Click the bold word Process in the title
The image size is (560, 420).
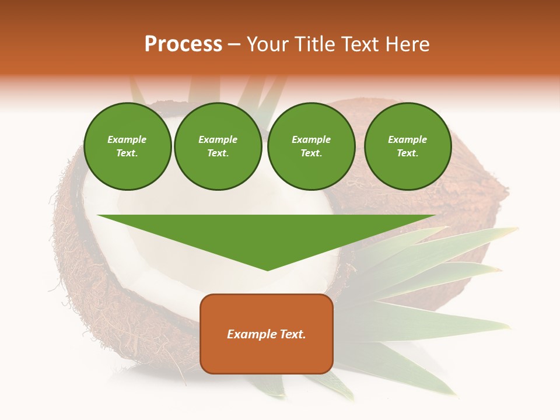(183, 44)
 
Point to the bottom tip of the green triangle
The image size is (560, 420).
(267, 269)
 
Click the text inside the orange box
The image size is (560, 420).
(267, 334)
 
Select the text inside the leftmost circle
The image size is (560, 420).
(127, 146)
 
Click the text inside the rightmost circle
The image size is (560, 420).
(407, 146)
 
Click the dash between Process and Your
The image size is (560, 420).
(234, 45)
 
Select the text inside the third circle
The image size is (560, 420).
(311, 146)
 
